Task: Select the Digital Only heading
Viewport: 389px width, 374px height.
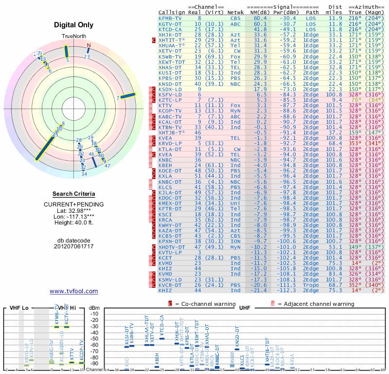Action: click(x=74, y=25)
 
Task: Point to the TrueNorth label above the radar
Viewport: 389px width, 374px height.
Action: click(x=74, y=37)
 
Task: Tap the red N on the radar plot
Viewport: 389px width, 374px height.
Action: click(x=88, y=46)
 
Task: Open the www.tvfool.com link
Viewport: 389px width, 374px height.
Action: click(x=73, y=291)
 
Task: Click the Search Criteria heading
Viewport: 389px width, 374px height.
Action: click(x=73, y=194)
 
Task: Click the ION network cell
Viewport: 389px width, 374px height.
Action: click(x=235, y=241)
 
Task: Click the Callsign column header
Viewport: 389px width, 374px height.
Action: click(x=172, y=12)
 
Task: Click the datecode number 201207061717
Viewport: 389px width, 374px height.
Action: click(x=74, y=246)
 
